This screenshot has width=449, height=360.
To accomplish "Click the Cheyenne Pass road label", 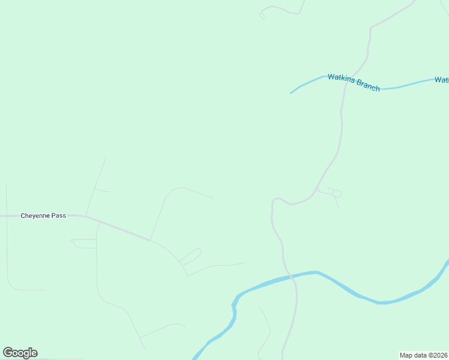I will (x=43, y=215).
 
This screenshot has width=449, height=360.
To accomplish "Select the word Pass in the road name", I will (x=59, y=215).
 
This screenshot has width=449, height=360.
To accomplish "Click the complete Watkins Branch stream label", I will (x=354, y=82).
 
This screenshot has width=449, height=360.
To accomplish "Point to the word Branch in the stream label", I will (x=367, y=85).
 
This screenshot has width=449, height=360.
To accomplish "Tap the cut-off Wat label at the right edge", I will (x=442, y=79).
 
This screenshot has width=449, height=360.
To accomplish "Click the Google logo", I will (x=20, y=352).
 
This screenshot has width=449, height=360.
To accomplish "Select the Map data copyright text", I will (x=424, y=355).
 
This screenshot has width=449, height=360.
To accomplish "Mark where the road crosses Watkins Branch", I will (x=345, y=83).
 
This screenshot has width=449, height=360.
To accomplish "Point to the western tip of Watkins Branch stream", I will (x=291, y=93).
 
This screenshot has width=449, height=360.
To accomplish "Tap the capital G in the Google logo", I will (x=8, y=352).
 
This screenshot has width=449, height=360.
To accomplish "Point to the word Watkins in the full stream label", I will (x=339, y=79).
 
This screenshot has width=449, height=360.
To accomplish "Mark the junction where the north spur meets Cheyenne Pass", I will (x=86, y=215).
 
